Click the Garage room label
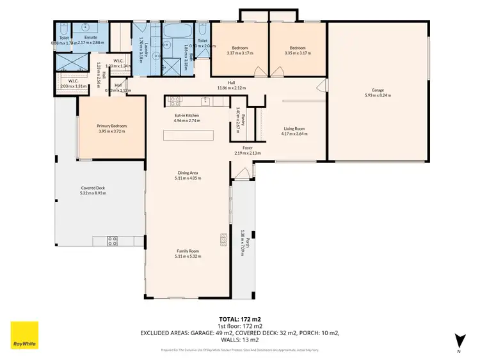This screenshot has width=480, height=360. click(378, 91)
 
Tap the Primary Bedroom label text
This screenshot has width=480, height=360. click(112, 126)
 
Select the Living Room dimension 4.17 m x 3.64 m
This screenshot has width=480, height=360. click(294, 134)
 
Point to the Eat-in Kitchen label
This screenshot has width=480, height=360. click(187, 116)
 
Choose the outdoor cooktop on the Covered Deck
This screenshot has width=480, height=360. click(112, 241)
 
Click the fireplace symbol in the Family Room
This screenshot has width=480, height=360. click(223, 239)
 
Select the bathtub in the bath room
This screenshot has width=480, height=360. click(173, 33)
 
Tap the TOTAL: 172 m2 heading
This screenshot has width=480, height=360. click(240, 318)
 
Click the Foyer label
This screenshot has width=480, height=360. click(247, 148)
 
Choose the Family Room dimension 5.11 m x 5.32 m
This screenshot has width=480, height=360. click(187, 256)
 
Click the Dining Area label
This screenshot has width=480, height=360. click(187, 173)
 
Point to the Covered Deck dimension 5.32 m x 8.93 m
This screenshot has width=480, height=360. click(93, 192)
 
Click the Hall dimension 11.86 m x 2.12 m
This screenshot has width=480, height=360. click(231, 88)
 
